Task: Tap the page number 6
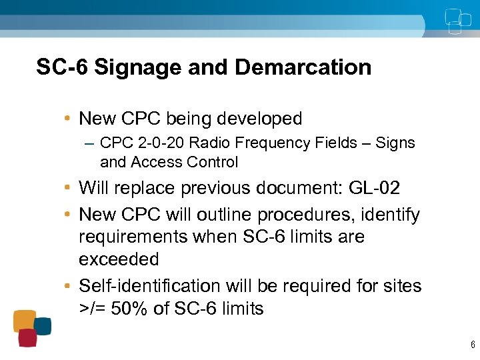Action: pyautogui.click(x=473, y=345)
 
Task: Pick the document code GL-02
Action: pyautogui.click(x=374, y=188)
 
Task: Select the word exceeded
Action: pyautogui.click(x=119, y=259)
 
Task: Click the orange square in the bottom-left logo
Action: pyautogui.click(x=25, y=320)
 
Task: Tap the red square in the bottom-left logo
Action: pyautogui.click(x=27, y=338)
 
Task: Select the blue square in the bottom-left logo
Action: pyautogui.click(x=43, y=326)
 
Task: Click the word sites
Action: pyautogui.click(x=401, y=286)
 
